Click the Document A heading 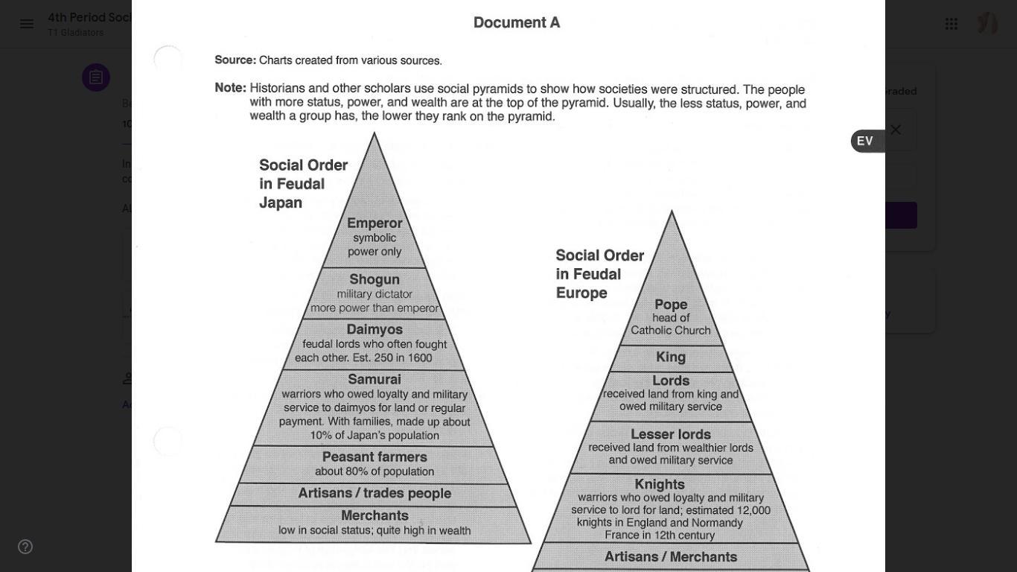pyautogui.click(x=517, y=23)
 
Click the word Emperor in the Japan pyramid pyautogui.click(x=374, y=223)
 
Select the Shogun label pyautogui.click(x=374, y=279)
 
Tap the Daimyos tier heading pyautogui.click(x=374, y=329)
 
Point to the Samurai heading pyautogui.click(x=374, y=380)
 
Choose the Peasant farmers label pyautogui.click(x=374, y=457)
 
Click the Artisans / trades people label pyautogui.click(x=374, y=494)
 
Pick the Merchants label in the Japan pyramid pyautogui.click(x=374, y=515)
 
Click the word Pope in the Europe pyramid pyautogui.click(x=671, y=305)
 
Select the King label pyautogui.click(x=671, y=357)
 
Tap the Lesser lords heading pyautogui.click(x=671, y=434)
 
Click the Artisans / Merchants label pyautogui.click(x=671, y=557)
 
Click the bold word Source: pyautogui.click(x=235, y=60)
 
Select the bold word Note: pyautogui.click(x=230, y=88)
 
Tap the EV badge pyautogui.click(x=865, y=141)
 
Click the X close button pyautogui.click(x=896, y=130)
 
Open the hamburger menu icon pyautogui.click(x=27, y=24)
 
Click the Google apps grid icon pyautogui.click(x=951, y=24)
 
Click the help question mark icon pyautogui.click(x=25, y=547)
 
